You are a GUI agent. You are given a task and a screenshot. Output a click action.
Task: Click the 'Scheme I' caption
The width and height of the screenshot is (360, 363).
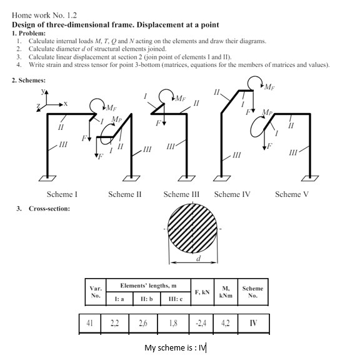click(x=62, y=194)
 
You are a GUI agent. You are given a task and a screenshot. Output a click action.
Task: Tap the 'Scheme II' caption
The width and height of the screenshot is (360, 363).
click(x=124, y=194)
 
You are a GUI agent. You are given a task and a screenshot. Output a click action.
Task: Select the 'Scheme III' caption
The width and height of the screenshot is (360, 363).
click(x=181, y=194)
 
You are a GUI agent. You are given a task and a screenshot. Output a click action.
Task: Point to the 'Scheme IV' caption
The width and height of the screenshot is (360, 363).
click(x=232, y=194)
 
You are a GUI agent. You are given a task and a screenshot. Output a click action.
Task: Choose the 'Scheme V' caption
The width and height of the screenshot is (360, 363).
click(x=291, y=194)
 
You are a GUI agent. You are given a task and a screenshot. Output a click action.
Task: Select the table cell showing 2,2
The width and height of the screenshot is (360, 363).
click(x=115, y=324)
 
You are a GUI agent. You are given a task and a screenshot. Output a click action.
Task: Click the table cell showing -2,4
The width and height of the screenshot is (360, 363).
click(x=201, y=324)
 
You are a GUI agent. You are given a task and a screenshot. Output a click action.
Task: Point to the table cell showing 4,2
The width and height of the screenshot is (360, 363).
click(x=226, y=324)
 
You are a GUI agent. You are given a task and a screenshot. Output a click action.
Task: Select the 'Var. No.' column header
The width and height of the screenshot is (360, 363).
click(x=96, y=292)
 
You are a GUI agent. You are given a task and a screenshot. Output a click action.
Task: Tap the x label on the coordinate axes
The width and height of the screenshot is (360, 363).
click(x=65, y=103)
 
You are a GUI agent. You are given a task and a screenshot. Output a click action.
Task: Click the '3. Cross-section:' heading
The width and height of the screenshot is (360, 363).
click(x=43, y=208)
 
